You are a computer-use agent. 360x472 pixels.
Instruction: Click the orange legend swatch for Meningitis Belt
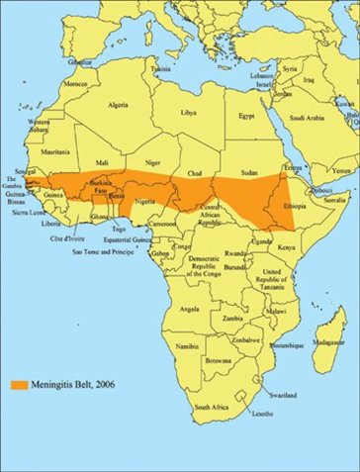[x=22, y=383]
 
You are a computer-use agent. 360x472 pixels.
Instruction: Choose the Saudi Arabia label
[x=306, y=120]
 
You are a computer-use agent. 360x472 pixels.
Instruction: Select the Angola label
[x=181, y=308]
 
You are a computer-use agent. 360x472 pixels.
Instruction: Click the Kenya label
[x=285, y=245]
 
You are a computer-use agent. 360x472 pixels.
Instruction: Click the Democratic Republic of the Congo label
[x=211, y=269]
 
